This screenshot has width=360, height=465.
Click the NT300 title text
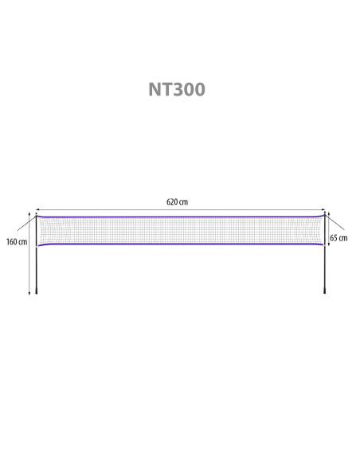[177, 89]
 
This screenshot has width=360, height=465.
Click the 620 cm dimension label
[177, 202]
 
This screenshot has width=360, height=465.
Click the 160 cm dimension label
[17, 242]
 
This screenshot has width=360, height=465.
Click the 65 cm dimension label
[338, 238]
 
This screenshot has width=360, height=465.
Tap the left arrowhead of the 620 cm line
[37, 209]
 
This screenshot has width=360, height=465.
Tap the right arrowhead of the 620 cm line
[324, 209]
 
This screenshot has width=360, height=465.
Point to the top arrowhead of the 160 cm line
[29, 213]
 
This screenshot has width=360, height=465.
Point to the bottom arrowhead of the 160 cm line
[29, 293]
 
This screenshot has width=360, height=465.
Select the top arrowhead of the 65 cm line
[329, 213]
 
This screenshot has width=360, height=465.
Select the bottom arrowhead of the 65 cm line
[329, 244]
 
